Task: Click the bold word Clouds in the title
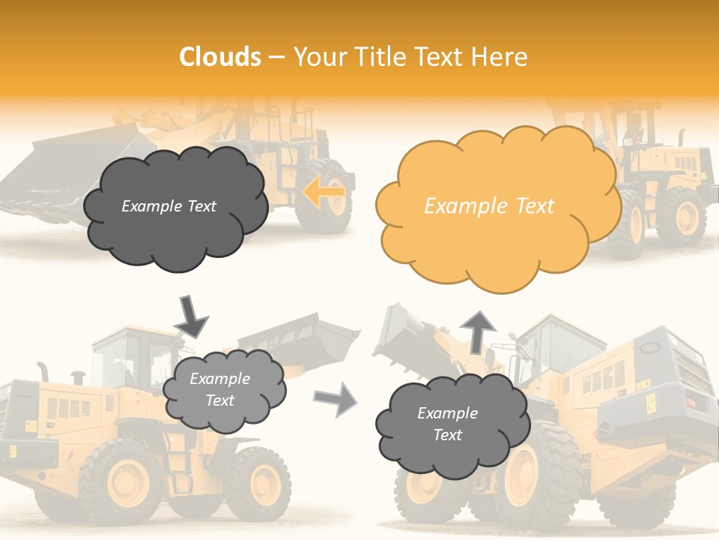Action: point(220,56)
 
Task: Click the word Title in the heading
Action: point(380,56)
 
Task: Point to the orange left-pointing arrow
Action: point(324,192)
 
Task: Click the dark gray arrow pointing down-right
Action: point(191,316)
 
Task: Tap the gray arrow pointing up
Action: point(477,330)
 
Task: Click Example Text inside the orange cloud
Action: point(489,206)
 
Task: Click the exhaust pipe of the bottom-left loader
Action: point(43,371)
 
